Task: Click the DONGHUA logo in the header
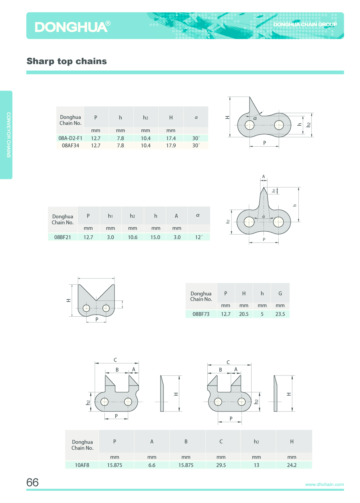point(72,27)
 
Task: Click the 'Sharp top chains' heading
point(67,61)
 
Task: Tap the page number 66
point(32,482)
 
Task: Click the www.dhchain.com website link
point(324,484)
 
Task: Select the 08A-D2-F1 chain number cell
point(70,138)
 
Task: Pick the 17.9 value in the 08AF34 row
point(171,146)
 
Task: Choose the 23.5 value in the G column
point(280,314)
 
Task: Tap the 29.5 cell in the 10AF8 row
point(221,465)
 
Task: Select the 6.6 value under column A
point(152,465)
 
